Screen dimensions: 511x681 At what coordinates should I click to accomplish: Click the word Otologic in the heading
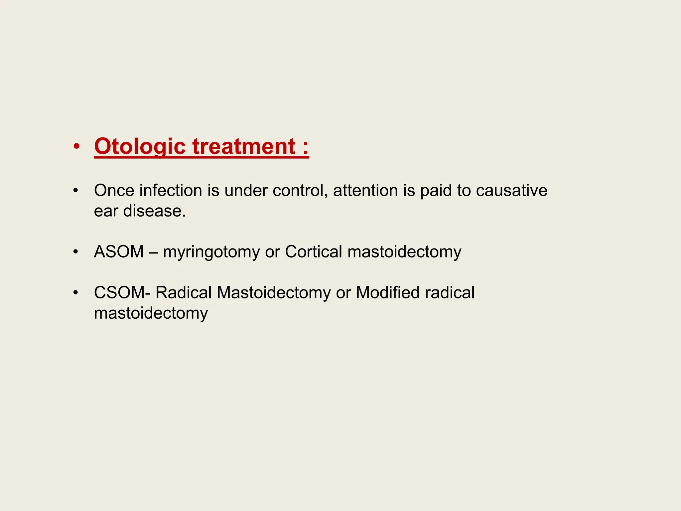click(140, 147)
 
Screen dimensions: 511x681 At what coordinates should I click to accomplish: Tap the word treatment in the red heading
click(244, 147)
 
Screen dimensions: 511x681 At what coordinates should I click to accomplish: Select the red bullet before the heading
click(76, 147)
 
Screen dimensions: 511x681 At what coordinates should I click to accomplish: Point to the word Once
click(114, 191)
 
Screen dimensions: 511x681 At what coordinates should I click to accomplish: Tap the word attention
click(365, 191)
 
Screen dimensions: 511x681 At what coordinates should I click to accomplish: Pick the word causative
click(511, 191)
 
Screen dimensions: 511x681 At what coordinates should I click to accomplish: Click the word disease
click(154, 211)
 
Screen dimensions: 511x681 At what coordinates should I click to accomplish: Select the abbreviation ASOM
click(119, 252)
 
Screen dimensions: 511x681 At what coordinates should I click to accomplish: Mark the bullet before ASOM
click(76, 252)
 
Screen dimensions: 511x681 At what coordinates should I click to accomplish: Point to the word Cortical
click(314, 252)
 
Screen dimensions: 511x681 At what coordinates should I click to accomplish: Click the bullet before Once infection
click(76, 191)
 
